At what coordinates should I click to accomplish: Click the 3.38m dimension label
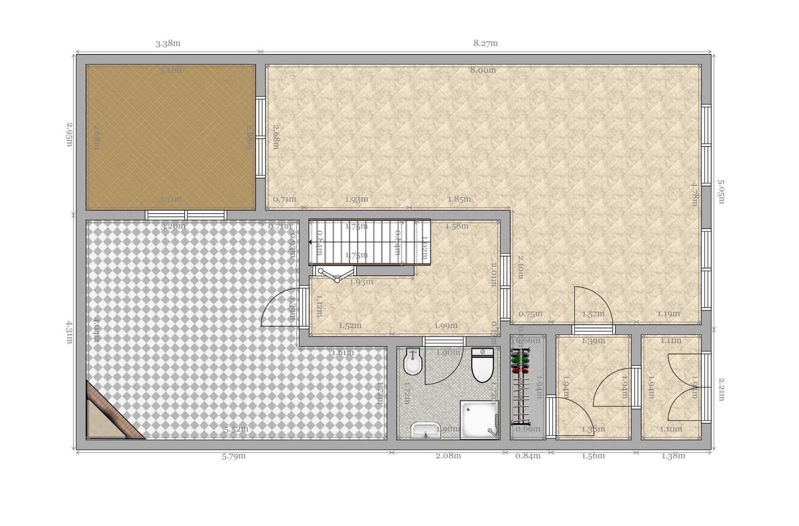tap(168, 43)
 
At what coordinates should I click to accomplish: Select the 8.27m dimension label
tap(485, 43)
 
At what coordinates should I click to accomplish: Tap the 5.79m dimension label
tap(234, 456)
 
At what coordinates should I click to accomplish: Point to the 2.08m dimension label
tap(448, 456)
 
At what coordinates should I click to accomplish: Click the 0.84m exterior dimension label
tap(528, 456)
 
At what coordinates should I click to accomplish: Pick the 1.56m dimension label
tap(593, 456)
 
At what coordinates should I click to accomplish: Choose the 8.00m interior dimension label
tap(483, 70)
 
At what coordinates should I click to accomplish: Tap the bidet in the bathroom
tap(413, 362)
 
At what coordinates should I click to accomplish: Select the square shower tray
tap(479, 419)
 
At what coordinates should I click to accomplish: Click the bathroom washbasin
tap(425, 431)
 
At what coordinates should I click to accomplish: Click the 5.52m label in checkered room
tap(236, 429)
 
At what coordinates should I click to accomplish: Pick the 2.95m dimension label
tap(70, 135)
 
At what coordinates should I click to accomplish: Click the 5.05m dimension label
tap(721, 192)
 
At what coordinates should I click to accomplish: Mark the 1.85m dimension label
tap(459, 199)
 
